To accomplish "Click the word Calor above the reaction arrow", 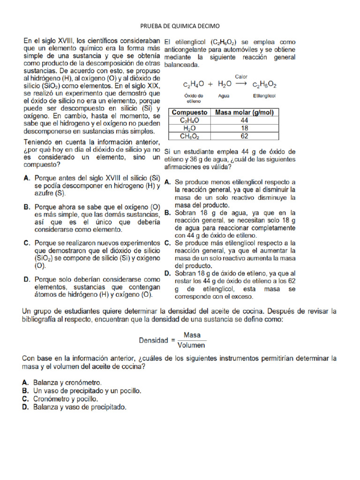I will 241,76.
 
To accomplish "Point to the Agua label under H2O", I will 224,95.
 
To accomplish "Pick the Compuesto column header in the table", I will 189,112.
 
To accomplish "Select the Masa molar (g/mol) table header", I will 244,112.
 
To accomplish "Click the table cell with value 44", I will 244,120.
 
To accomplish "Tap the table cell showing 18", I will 244,128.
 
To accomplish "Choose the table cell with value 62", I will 244,136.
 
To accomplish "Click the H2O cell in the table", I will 189,128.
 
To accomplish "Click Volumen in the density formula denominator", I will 191,346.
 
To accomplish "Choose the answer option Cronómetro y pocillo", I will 65,399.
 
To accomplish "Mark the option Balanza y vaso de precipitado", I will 79,407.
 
